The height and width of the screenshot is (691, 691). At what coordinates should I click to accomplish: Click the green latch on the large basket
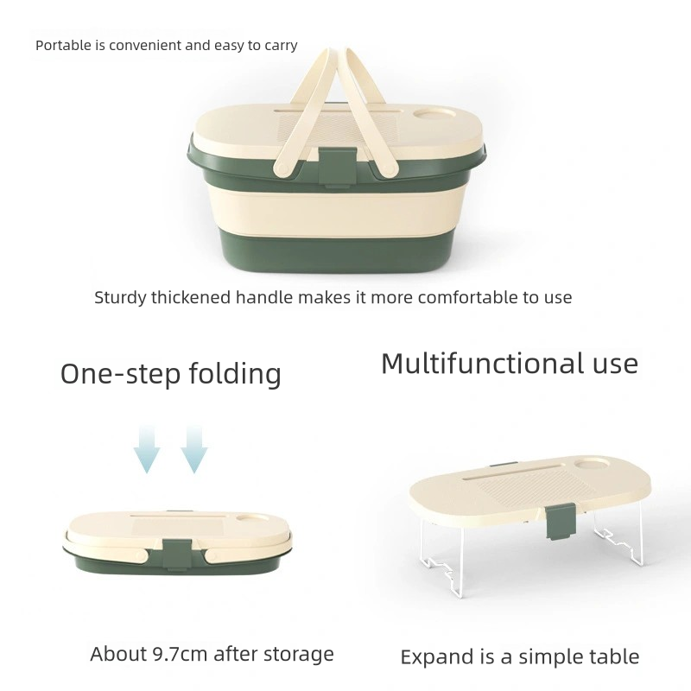click(337, 168)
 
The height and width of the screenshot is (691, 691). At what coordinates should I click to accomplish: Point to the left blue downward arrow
click(147, 449)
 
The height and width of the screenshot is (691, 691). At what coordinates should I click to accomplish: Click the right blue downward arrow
click(194, 449)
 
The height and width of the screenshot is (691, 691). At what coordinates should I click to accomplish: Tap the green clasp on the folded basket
click(177, 555)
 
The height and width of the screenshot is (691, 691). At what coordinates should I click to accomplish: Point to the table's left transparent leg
click(441, 557)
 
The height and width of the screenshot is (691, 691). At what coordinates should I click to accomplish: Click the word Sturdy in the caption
click(120, 298)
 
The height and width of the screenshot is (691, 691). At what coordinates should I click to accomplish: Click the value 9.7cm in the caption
click(181, 654)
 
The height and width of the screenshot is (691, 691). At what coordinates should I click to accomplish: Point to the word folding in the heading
click(235, 375)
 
